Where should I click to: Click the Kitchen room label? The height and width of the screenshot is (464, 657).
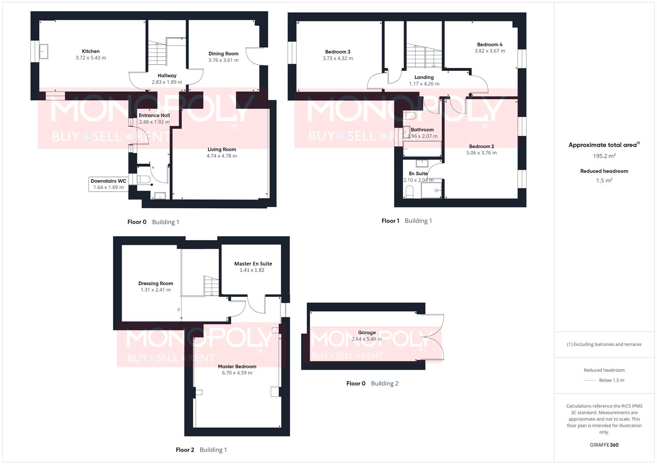tap(91, 51)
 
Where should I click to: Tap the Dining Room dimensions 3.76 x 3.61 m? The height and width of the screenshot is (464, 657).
tap(223, 60)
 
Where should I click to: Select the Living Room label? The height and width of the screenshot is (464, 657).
tap(222, 150)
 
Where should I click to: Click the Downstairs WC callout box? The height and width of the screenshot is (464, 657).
tap(108, 184)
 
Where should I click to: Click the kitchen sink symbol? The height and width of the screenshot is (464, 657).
tap(43, 52)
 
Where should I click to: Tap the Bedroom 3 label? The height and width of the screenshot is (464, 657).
tap(338, 52)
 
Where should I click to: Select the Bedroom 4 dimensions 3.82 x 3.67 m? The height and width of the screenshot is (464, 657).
tap(490, 51)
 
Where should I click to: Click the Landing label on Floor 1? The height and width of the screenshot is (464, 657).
tap(424, 77)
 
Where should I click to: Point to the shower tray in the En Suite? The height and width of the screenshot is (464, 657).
tap(432, 189)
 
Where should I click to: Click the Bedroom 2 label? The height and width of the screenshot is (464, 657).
tap(481, 147)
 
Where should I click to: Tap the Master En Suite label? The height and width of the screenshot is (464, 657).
tap(253, 264)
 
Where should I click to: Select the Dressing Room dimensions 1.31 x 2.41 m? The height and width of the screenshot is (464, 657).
tap(156, 290)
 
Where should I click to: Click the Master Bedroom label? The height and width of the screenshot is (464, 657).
tap(237, 366)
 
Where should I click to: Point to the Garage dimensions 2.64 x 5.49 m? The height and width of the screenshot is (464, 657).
tap(367, 339)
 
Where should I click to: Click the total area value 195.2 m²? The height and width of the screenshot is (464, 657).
tap(604, 156)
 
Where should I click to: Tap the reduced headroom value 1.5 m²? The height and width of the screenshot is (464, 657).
tap(604, 180)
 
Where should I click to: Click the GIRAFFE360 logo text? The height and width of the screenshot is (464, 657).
tap(604, 445)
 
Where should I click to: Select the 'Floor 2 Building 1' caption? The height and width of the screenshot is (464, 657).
tap(201, 450)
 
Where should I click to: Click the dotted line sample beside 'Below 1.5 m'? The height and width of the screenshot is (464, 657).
tap(590, 380)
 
